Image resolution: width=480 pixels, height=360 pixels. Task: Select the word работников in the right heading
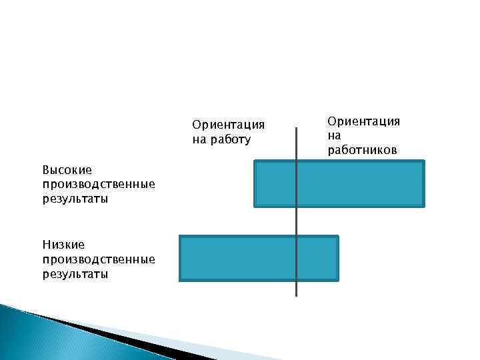pos(362,150)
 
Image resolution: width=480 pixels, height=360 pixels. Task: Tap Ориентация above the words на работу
pos(228,125)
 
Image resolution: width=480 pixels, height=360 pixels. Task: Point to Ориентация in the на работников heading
pos(363,121)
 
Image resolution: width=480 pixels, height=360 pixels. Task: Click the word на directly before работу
pos(199,140)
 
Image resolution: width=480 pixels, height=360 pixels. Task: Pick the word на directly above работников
pos(334,135)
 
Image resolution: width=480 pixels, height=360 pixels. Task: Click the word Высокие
pos(67,170)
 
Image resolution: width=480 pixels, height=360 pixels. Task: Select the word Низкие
pos(63,245)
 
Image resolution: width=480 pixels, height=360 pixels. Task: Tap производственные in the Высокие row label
pos(98,185)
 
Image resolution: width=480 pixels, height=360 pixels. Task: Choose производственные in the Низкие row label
pos(98,259)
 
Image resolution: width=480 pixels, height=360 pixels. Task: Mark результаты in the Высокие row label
pos(75,199)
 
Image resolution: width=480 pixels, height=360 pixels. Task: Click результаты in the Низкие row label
pos(75,274)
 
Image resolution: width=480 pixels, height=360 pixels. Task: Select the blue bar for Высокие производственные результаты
pos(339,183)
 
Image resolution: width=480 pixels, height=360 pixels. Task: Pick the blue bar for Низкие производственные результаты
pos(259,258)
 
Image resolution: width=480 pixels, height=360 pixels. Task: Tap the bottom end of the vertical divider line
pos(296,295)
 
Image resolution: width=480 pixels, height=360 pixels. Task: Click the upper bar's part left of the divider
pos(275,183)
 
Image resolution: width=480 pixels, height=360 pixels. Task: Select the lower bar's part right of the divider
pos(317,258)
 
